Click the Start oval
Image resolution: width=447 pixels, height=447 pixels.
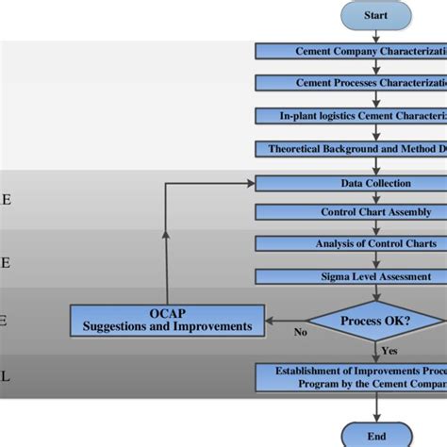click(x=376, y=15)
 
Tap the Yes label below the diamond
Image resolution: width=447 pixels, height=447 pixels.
click(x=389, y=350)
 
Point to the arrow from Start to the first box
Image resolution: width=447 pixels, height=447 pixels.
click(x=376, y=36)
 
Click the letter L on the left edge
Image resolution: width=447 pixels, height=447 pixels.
click(x=5, y=375)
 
